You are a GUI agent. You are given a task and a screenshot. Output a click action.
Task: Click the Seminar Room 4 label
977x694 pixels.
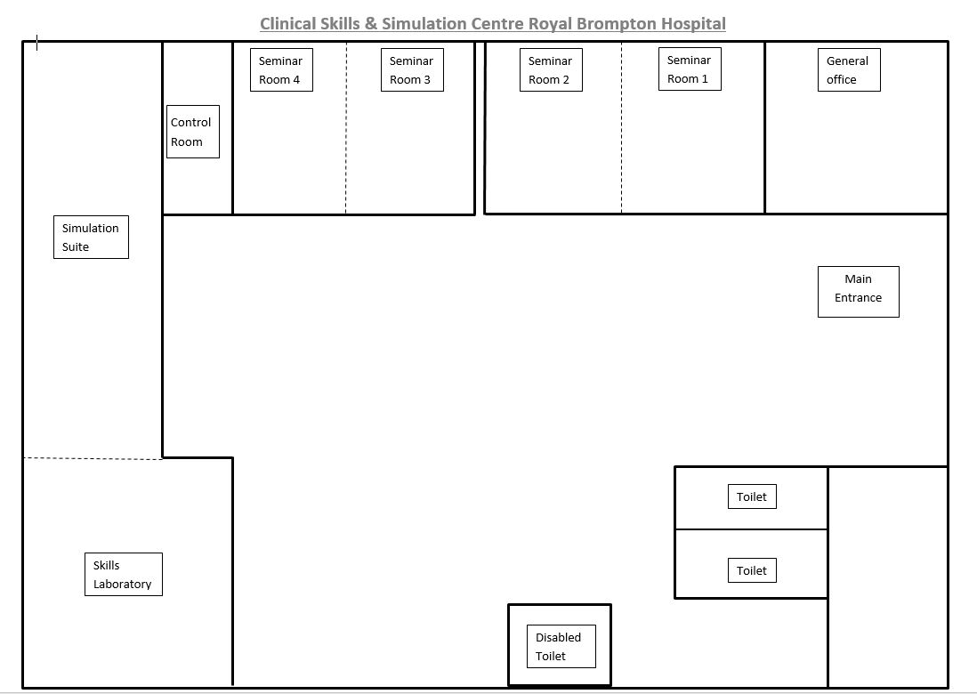(282, 69)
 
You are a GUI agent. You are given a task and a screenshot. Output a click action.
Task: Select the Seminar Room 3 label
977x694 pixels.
(413, 69)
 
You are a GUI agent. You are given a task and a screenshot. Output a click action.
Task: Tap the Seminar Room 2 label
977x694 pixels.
(552, 69)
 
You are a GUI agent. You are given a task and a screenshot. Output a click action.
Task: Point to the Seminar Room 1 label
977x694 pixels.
(690, 69)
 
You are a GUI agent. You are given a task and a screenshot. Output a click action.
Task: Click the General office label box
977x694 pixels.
(849, 69)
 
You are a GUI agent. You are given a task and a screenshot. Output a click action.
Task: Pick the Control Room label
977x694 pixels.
(193, 132)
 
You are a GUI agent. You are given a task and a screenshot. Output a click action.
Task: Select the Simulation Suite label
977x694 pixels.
(91, 237)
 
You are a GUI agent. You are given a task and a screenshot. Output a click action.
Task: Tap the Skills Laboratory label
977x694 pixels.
(124, 575)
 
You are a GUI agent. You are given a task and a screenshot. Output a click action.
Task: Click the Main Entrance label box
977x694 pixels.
(859, 292)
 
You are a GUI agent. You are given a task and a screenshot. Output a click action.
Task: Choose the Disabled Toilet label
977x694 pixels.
(561, 646)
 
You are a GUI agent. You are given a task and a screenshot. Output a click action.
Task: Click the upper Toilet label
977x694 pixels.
(752, 496)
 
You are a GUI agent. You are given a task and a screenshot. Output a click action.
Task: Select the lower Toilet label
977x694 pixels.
(752, 570)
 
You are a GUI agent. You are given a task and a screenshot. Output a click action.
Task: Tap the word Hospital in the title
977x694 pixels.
(693, 24)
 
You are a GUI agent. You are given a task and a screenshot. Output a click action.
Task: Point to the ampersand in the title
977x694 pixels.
(371, 24)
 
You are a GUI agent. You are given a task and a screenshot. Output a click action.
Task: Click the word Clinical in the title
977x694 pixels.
(287, 24)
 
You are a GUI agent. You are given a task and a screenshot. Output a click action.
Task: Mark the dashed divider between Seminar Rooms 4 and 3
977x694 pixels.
(346, 128)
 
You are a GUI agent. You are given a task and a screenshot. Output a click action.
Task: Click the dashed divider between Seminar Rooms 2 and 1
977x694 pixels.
(621, 128)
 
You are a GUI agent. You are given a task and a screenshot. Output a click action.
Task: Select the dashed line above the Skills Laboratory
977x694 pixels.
(93, 458)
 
